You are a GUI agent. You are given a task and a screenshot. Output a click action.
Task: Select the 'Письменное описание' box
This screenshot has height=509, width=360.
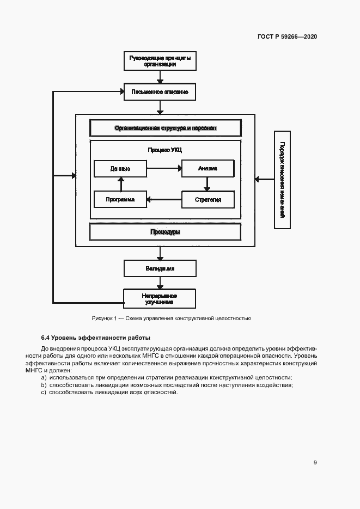tap(160, 92)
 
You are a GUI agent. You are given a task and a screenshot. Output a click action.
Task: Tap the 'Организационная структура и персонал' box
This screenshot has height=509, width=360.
tap(165, 128)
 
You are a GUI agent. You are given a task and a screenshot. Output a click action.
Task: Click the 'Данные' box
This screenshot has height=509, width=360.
tap(120, 169)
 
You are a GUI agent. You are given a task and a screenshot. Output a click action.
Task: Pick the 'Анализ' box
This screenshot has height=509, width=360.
tap(208, 169)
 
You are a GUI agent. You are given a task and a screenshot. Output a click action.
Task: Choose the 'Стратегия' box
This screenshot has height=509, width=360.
tap(208, 200)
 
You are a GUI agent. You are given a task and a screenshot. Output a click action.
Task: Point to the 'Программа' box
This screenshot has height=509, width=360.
tap(120, 200)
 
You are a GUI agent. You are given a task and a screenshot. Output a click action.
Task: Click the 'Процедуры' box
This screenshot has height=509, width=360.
tap(165, 232)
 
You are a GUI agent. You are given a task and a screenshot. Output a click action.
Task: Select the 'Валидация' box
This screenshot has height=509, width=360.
tap(160, 268)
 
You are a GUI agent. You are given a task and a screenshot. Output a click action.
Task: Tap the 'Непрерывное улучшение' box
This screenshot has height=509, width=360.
tap(160, 298)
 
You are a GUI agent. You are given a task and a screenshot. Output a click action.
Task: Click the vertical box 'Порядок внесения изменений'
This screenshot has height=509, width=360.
tap(282, 180)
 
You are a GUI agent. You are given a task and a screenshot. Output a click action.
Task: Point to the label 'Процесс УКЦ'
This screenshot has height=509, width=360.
tap(165, 150)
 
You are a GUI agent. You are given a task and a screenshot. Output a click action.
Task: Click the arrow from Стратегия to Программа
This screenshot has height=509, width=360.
tap(164, 200)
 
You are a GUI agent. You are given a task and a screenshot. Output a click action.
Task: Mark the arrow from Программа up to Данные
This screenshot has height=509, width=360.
tap(120, 184)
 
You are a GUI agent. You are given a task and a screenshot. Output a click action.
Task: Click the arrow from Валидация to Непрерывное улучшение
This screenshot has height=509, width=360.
tap(160, 283)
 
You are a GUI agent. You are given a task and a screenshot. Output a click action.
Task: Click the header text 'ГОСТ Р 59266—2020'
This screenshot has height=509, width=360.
tap(287, 37)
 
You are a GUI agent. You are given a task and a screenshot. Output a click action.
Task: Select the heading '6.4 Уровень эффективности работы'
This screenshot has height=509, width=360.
tap(95, 338)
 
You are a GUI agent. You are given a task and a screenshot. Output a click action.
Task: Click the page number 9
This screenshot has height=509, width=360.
tap(315, 463)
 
